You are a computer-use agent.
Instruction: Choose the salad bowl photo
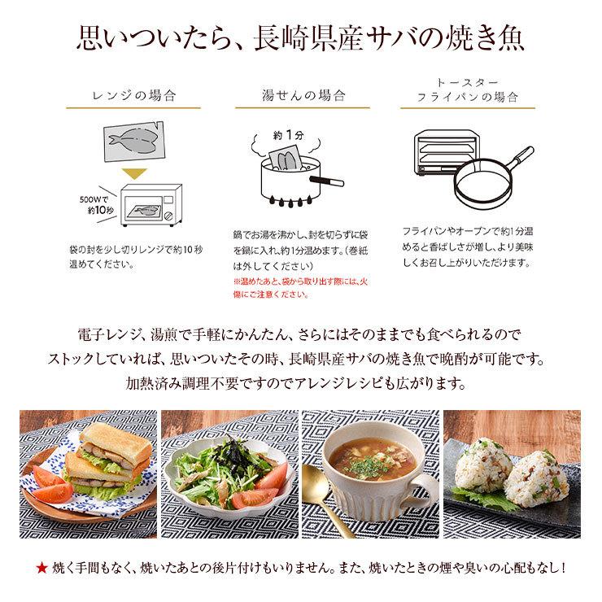pyautogui.click(x=229, y=472)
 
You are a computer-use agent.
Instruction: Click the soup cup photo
pyautogui.click(x=370, y=472)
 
